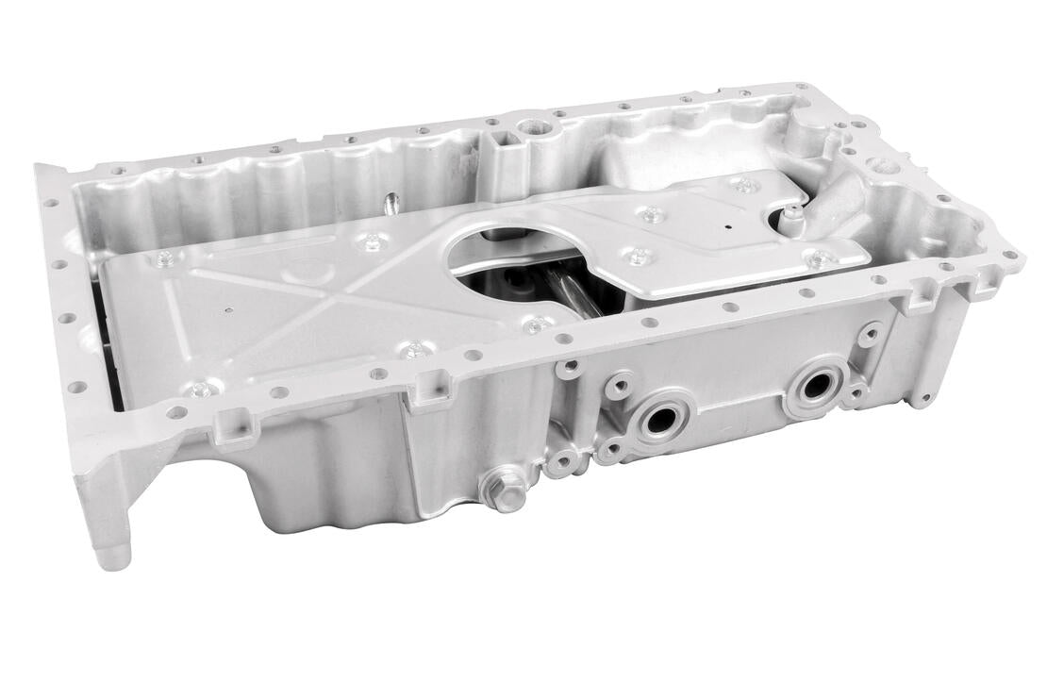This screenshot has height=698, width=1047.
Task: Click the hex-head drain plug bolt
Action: click(x=505, y=490)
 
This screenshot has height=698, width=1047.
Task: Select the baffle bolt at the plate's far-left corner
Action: click(x=165, y=258)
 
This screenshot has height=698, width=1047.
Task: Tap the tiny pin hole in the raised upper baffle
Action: click(x=728, y=227)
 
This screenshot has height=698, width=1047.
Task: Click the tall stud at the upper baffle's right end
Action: click(x=793, y=218)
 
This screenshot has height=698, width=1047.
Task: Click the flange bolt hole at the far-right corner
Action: click(x=1010, y=255)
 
